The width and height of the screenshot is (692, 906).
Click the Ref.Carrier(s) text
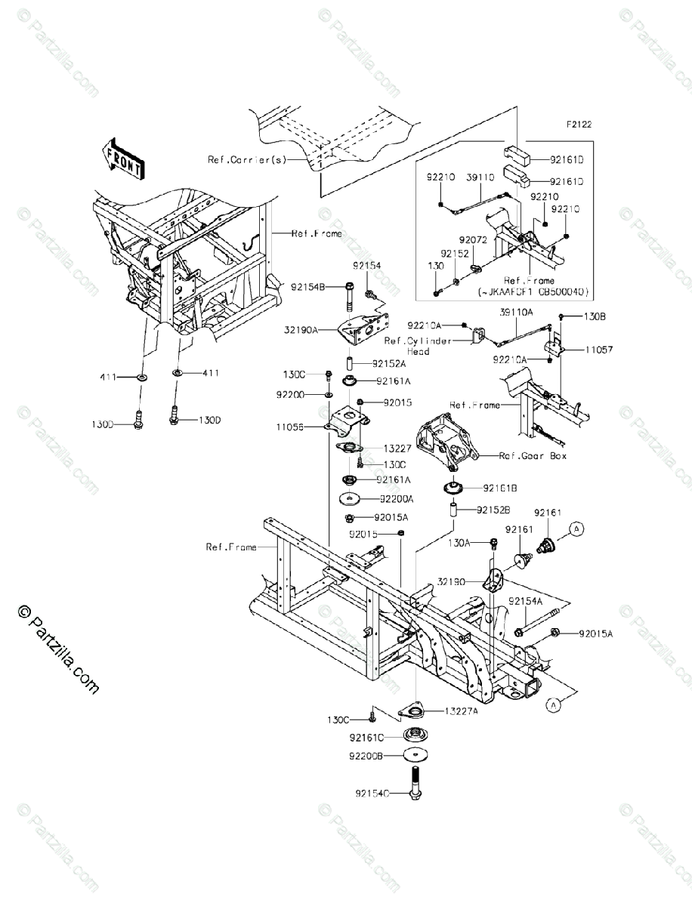pos(246,160)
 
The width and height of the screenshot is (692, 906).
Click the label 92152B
pos(496,510)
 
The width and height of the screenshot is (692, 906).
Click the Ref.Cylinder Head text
pos(417,346)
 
